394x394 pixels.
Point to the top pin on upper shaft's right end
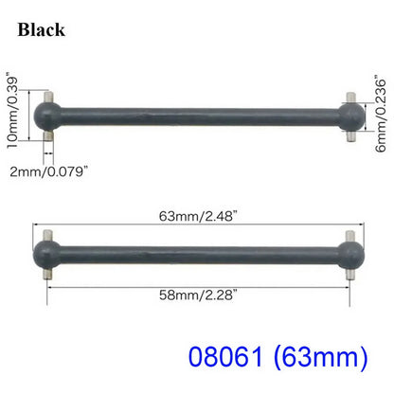(349, 97)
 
